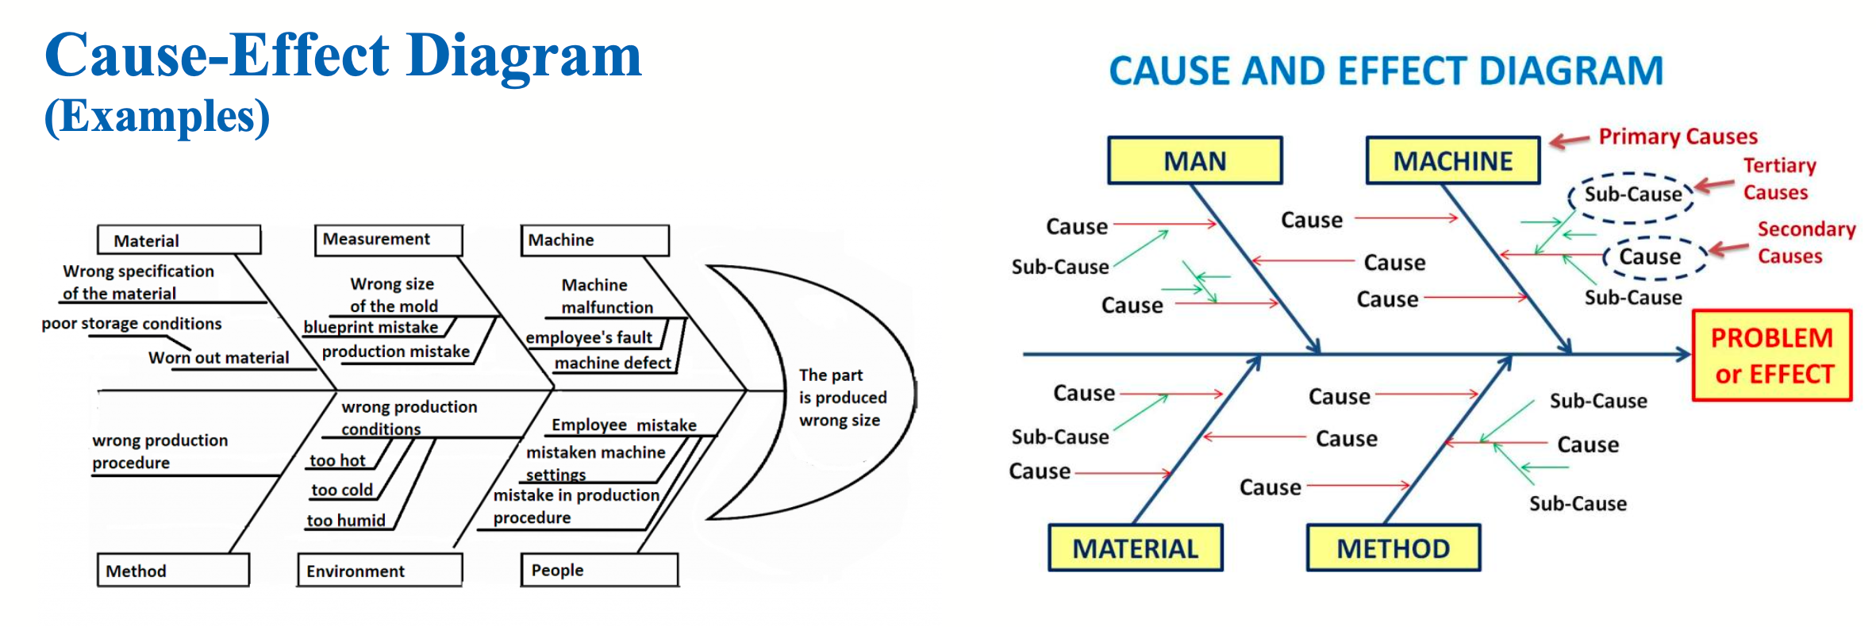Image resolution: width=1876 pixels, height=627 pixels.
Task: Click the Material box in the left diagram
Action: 179,240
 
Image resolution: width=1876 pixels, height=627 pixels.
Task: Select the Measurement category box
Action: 388,239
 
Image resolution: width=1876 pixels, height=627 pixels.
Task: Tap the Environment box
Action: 379,571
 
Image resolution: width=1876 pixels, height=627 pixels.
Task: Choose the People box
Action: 599,570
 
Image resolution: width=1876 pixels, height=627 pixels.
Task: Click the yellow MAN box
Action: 1194,161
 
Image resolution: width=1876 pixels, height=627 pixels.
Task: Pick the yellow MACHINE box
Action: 1452,161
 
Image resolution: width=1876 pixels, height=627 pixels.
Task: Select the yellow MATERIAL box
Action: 1135,548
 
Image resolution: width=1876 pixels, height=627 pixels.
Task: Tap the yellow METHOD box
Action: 1393,548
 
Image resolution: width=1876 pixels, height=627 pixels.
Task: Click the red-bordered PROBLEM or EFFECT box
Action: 1772,356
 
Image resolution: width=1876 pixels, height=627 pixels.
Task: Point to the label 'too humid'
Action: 346,521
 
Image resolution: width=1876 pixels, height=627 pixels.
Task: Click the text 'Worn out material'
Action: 219,358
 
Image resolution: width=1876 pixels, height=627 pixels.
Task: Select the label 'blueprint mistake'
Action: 371,327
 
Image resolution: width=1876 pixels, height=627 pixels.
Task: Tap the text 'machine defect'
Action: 613,363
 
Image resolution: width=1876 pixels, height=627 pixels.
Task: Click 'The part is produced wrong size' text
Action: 841,398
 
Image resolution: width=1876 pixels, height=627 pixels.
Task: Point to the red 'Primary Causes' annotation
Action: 1678,137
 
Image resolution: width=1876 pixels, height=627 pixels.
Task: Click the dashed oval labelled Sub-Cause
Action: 1632,194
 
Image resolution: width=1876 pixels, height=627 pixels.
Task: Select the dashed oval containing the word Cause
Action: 1651,257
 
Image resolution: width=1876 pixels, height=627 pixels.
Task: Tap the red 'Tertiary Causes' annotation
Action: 1778,179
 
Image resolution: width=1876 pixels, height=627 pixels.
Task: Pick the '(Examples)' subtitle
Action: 157,116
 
